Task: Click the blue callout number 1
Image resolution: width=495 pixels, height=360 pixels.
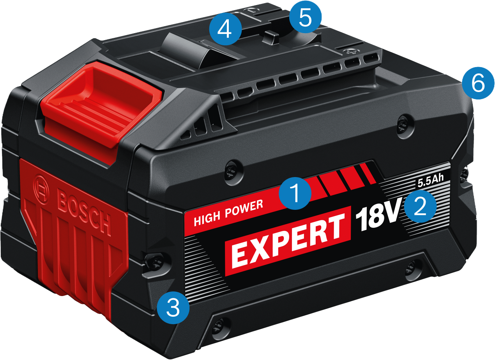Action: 295,193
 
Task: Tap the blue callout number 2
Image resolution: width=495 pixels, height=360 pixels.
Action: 420,206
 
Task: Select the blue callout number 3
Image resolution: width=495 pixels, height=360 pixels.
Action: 173,308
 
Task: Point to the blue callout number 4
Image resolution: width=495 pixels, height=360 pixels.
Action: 225,29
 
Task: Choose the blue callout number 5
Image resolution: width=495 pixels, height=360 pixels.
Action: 306,17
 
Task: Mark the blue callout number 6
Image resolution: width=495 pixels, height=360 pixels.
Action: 478,83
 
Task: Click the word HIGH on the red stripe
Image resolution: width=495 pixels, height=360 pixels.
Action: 207,218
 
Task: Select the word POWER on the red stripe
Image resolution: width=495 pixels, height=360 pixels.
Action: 244,209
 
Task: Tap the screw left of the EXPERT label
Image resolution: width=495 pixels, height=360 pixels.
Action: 157,262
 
